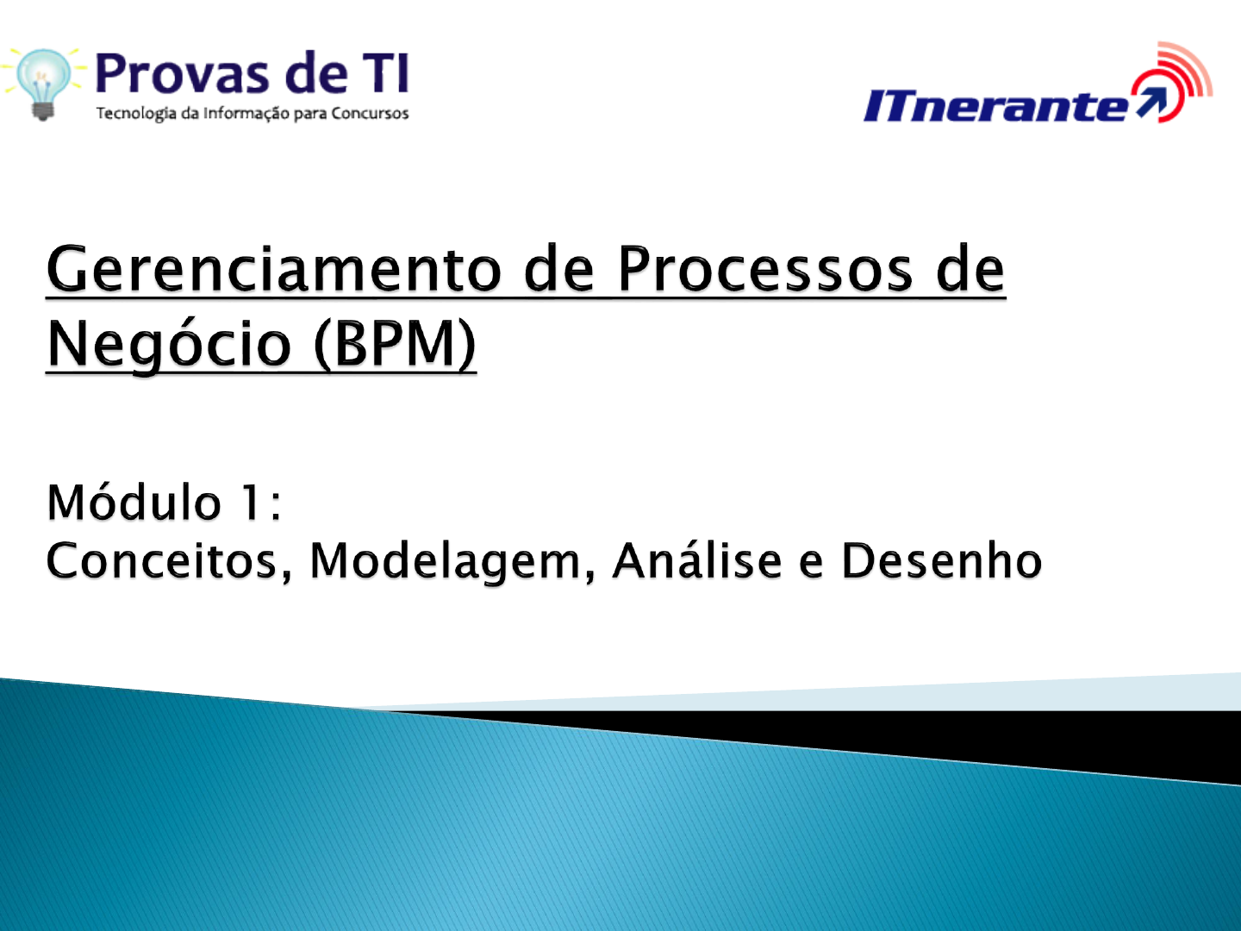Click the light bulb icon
[43, 84]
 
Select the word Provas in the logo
[182, 73]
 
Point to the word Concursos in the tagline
[370, 113]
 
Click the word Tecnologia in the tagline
[136, 114]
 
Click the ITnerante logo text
[996, 105]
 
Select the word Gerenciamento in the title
[274, 269]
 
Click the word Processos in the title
[765, 269]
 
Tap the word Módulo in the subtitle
[134, 501]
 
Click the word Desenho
[942, 560]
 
